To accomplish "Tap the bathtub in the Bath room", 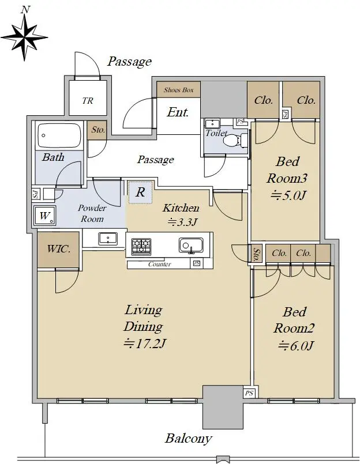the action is [59, 135].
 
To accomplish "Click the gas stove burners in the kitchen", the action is [141, 246].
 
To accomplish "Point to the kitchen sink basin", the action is [191, 246].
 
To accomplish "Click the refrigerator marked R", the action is [140, 193].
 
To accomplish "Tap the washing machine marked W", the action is [44, 216].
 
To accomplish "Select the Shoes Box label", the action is [178, 90].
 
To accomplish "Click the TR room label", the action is [88, 101].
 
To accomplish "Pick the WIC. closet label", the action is [59, 249].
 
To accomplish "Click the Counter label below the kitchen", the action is [159, 264].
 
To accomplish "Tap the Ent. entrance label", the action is [178, 112].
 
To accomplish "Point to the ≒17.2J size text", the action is [145, 344].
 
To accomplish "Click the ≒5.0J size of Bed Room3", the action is [288, 195].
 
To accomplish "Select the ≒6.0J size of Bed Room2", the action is [295, 346].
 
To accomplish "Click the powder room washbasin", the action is [108, 239].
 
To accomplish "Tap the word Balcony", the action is [189, 438].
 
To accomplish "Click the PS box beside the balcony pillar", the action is [249, 393].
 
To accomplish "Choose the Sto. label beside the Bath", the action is [98, 130].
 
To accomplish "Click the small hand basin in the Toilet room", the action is [212, 123].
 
